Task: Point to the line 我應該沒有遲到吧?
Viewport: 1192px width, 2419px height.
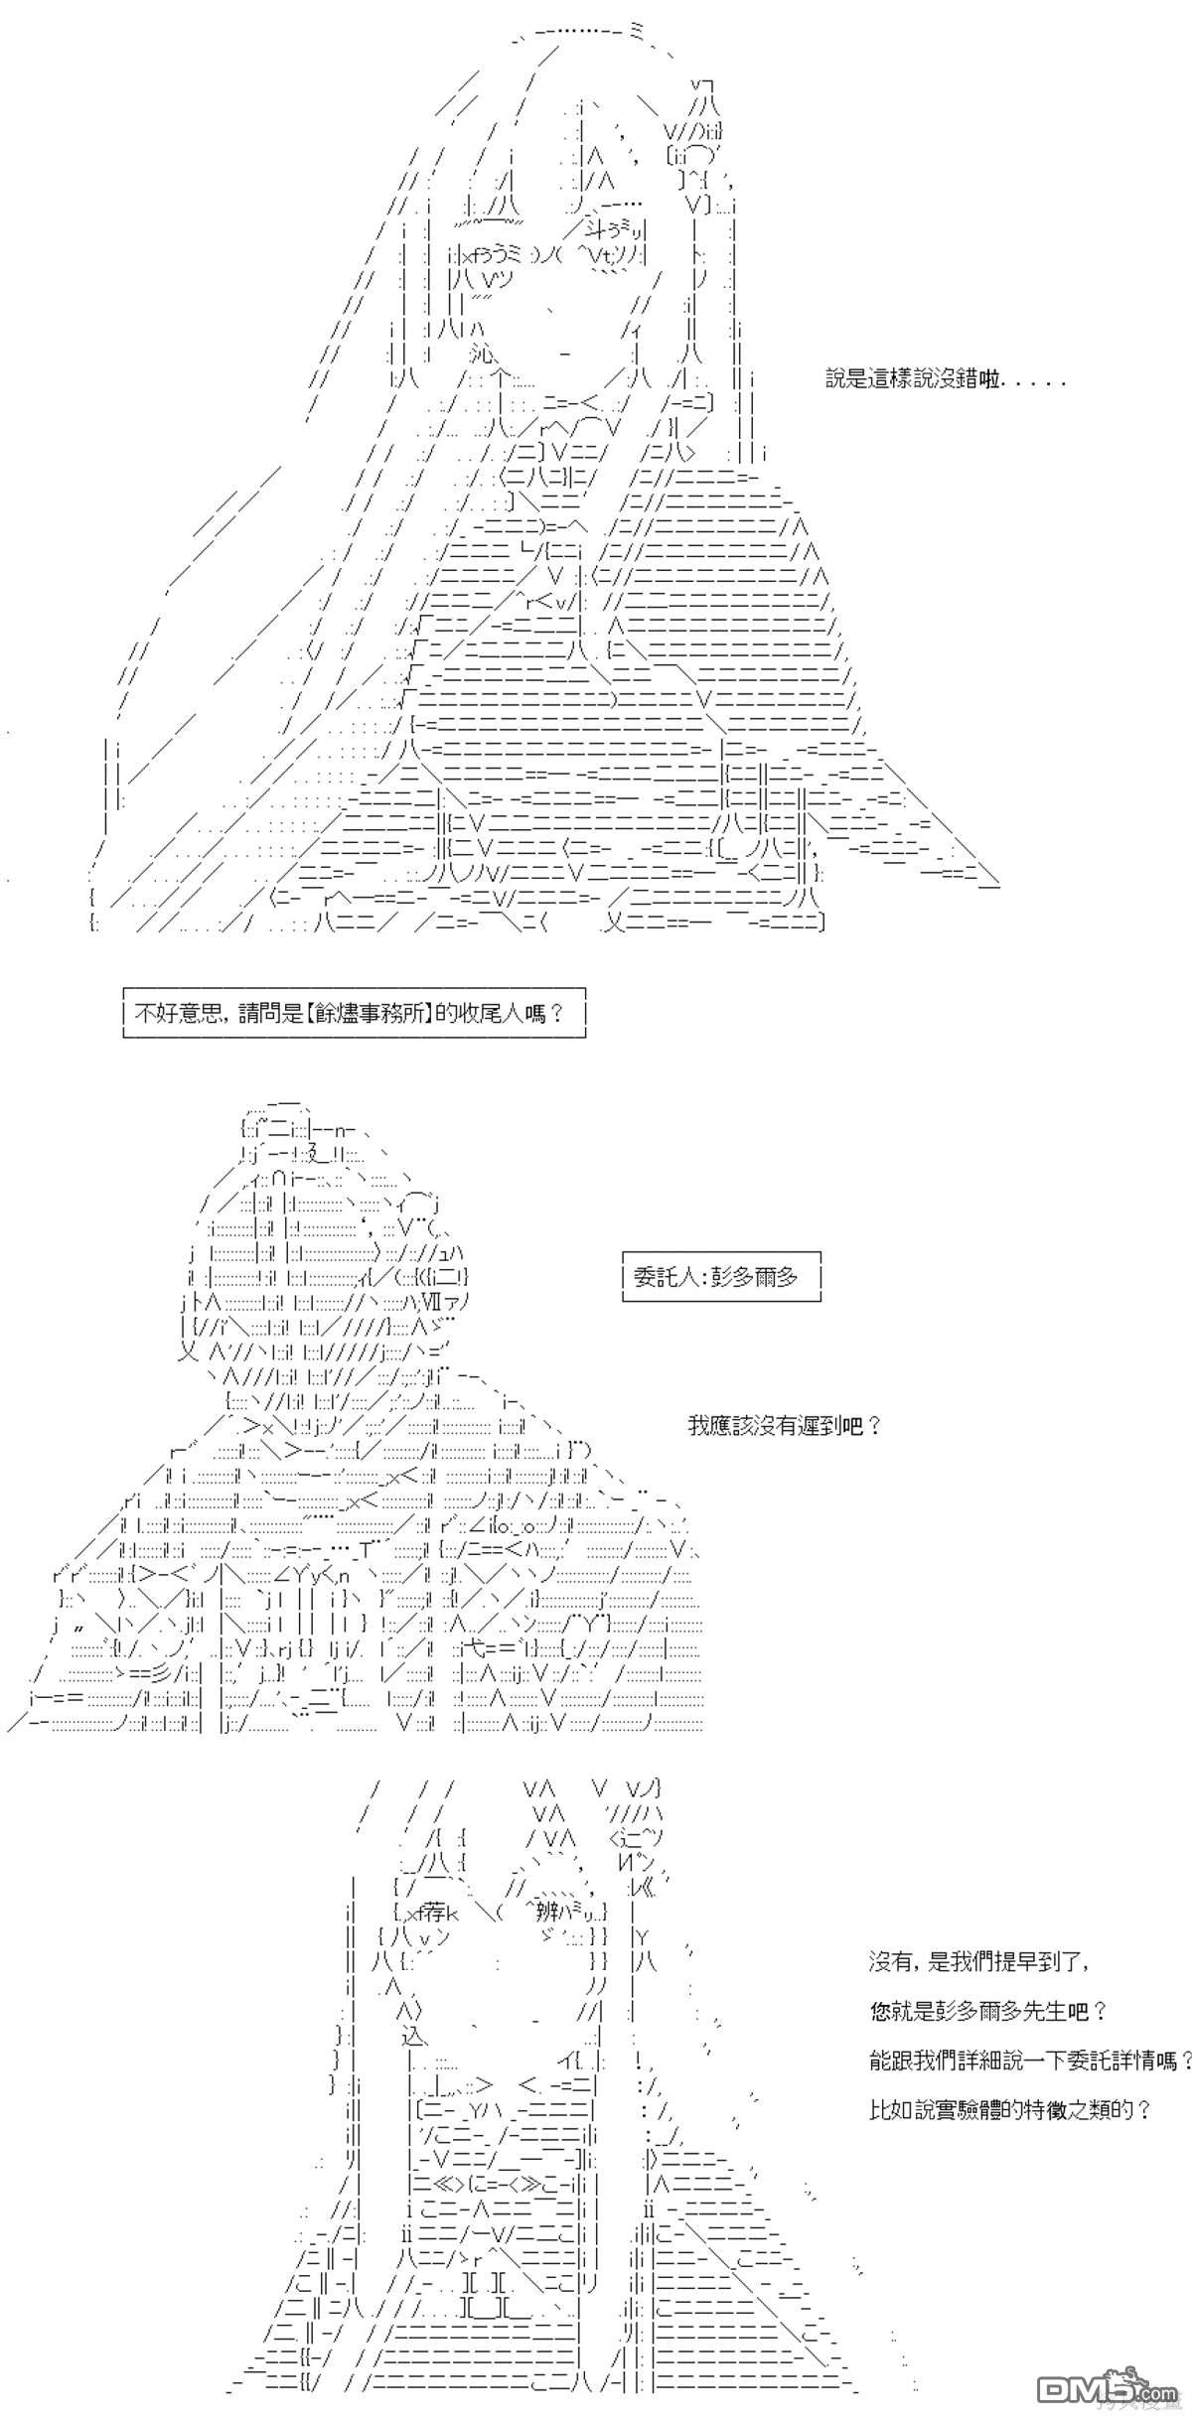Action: click(785, 1426)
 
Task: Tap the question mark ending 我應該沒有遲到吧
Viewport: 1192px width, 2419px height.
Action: click(873, 1426)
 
